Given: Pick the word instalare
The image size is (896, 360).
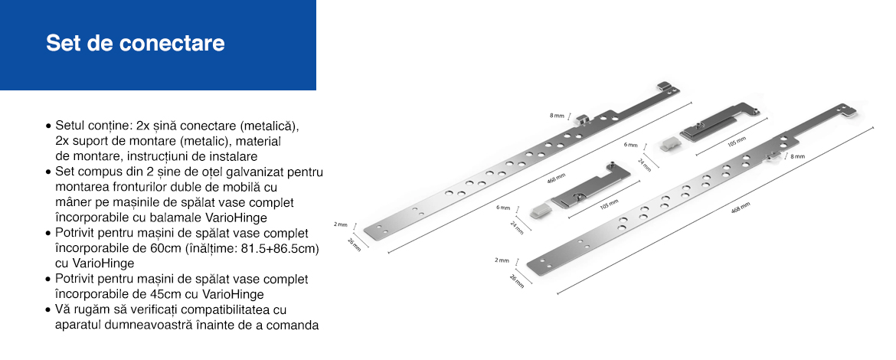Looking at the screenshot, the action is coord(235,156).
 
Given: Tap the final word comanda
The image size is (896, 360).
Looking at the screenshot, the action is coord(294,325).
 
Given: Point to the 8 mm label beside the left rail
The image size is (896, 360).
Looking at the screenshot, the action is coord(557,116).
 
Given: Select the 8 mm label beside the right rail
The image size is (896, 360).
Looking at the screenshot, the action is coord(798,156).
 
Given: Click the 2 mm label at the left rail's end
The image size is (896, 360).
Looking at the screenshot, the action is coord(340,224).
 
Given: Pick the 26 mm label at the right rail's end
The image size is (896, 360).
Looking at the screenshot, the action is coord(516,281).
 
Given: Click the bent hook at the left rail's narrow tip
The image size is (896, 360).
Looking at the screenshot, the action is coord(663,87).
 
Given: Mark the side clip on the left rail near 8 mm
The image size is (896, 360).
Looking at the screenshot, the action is coord(582,119).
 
